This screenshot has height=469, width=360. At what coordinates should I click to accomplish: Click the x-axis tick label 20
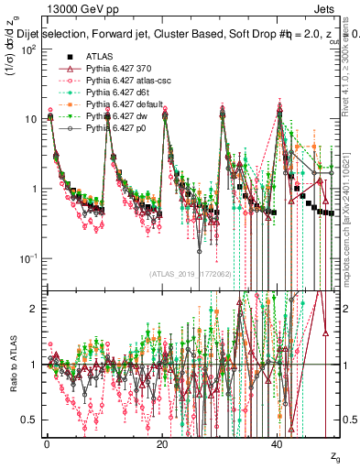[x=162, y=442]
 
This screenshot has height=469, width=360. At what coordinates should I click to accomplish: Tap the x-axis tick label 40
[x=278, y=442]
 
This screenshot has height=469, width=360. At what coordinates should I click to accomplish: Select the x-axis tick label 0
[x=47, y=442]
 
